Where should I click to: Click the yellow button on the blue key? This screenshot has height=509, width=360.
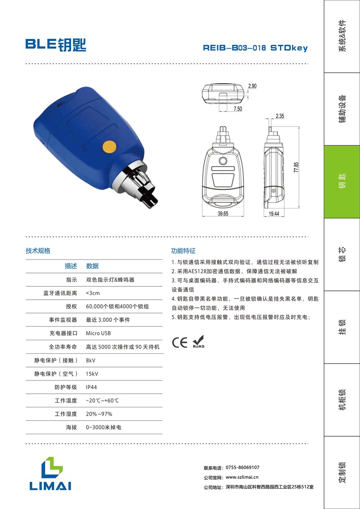point(109,147)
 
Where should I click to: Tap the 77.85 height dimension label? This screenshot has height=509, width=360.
point(296,167)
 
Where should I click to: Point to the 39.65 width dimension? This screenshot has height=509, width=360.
point(223,213)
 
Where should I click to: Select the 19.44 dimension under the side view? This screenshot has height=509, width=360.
point(274,213)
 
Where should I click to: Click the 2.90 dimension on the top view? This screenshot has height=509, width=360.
point(252,86)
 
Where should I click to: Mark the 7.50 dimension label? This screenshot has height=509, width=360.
point(238,108)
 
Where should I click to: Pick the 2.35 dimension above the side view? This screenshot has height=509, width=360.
point(280,116)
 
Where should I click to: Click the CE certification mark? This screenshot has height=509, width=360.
point(180,342)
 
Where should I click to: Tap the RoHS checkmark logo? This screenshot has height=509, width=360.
point(198,342)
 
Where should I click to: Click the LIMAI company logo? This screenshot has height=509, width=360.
point(50,473)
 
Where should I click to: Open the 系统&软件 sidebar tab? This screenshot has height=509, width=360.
point(342,36)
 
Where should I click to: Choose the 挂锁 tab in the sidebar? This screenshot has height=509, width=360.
point(342,327)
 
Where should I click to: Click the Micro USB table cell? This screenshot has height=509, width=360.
point(98,333)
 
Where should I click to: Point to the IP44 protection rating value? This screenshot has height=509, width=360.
point(91,387)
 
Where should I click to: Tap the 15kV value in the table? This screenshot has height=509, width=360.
point(92,373)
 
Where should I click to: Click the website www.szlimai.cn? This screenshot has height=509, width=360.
point(242,477)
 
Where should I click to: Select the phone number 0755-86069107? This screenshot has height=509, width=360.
point(242,468)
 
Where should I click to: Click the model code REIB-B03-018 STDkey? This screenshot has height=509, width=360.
point(255,48)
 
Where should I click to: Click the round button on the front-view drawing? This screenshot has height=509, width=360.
point(223,161)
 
